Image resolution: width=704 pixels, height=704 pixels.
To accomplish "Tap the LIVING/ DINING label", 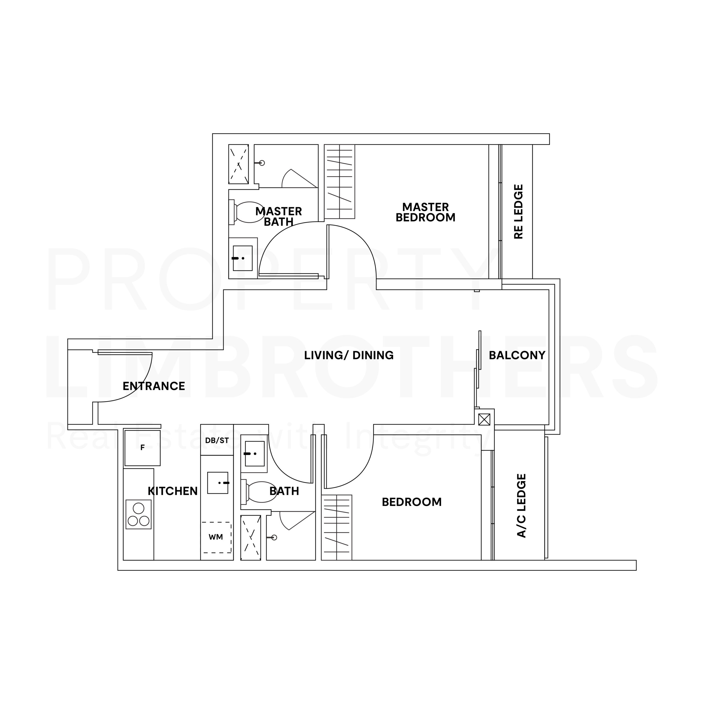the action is point(349,355).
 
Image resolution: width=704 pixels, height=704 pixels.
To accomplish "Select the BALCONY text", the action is point(517,355).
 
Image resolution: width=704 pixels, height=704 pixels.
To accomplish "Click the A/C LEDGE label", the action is point(521,506).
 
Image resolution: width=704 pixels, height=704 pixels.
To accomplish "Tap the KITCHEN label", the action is point(173,491).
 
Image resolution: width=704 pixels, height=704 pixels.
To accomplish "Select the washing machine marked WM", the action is point(217,537).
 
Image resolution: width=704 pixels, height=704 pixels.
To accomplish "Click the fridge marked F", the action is point(142,447).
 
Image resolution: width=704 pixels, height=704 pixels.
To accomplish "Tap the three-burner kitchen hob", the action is point(139,514).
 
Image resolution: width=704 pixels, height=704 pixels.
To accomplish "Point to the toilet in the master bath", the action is point(246,212).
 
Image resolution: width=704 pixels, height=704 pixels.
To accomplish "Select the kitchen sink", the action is point(218,483).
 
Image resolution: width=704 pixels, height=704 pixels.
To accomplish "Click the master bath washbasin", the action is point(243,258).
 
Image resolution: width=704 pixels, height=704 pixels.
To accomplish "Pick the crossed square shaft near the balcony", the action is point(484,419).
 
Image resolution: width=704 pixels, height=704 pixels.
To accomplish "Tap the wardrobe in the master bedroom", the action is point(340,182).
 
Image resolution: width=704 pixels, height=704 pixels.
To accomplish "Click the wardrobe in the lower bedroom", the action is point(337,527).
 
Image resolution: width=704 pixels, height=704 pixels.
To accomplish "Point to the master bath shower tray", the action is point(239,164).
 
